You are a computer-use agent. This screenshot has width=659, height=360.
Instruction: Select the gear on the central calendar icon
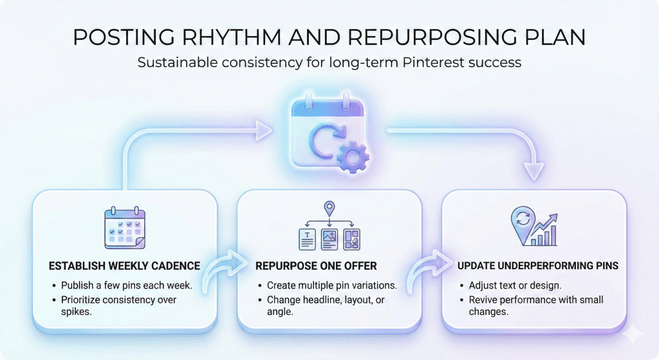pos(353,157)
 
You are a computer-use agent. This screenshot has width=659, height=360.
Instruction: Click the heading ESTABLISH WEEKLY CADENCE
pos(124,266)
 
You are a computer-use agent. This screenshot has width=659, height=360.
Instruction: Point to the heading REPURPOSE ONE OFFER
pos(316,266)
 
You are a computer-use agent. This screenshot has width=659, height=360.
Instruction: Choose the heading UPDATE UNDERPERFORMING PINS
pos(538,266)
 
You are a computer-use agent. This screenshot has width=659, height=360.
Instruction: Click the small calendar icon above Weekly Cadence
pos(125,227)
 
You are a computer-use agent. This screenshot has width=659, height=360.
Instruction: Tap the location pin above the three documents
pos(329,209)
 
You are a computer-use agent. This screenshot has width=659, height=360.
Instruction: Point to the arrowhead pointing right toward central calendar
pos(264,131)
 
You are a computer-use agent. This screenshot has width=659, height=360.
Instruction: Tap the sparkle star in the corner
pos(633,334)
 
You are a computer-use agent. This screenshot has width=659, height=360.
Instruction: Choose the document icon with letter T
pos(307,240)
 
